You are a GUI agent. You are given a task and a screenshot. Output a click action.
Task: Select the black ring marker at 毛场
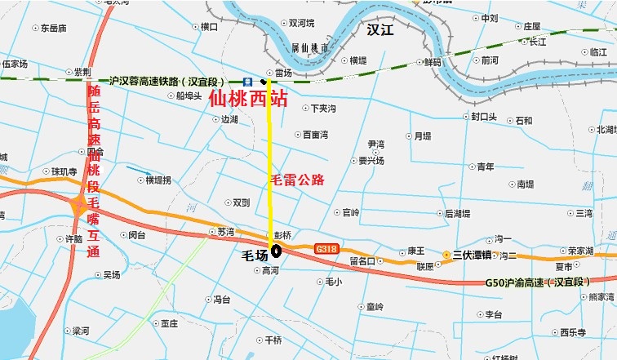pos(276,251)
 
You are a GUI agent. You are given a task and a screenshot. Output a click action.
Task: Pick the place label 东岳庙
pos(52,28)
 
